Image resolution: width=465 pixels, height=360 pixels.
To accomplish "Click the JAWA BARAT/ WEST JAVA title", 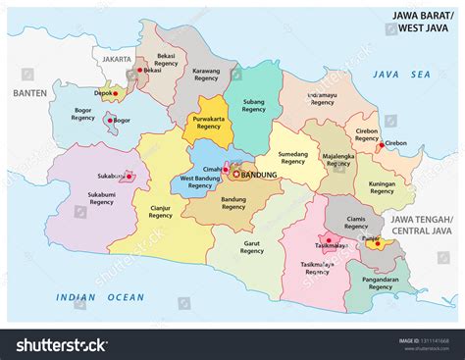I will tap(424, 22).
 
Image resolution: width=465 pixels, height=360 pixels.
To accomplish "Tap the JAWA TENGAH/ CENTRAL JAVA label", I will tap(422, 227).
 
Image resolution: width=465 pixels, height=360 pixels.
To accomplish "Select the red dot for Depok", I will tap(116, 95).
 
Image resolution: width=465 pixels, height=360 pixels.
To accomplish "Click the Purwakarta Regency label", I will tap(208, 122).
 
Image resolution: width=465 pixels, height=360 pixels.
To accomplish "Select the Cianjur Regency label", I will tap(160, 211).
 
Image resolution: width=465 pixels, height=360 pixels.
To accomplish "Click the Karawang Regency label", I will tap(204, 76).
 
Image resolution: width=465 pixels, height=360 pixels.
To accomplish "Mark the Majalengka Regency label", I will tap(331, 159).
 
